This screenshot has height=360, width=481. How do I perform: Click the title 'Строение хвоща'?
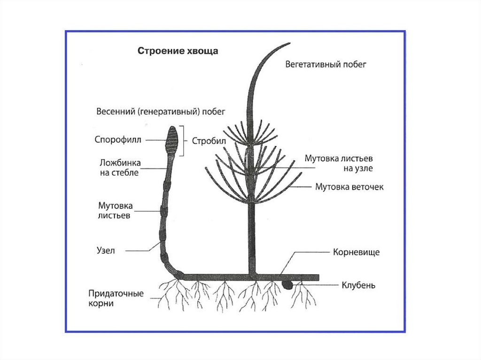177,51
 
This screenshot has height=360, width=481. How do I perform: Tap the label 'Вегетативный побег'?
326,65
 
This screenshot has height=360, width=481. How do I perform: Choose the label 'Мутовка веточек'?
349,187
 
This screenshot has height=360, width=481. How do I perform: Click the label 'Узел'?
107,251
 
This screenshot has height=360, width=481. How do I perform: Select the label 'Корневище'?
356,253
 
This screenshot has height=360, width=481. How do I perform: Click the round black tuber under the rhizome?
286,284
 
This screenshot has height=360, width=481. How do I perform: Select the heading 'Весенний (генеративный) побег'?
161,112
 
